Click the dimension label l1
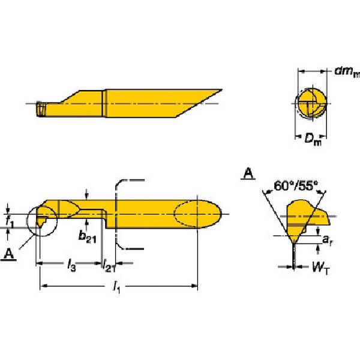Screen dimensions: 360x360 pos(116,287)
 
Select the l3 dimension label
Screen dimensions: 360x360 pos(71,266)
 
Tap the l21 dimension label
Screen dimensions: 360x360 pos(109,266)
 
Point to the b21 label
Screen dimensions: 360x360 pos(87,237)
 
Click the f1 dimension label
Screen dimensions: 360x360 pos(10,222)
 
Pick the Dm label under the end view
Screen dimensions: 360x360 pos(313,139)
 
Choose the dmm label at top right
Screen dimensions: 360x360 pos(347,71)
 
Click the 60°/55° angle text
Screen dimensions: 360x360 pos(296,186)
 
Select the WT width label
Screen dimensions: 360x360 pos(320,268)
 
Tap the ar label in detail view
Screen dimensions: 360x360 pos(328,240)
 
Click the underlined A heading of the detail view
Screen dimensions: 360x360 pos(248,173)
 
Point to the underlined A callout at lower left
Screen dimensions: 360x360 pos(9,254)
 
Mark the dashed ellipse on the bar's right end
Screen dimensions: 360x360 pos(197,214)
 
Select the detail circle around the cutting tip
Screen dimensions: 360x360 pos(42,221)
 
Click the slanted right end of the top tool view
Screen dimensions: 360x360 pos(199,103)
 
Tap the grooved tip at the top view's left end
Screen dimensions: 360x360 pos(41,110)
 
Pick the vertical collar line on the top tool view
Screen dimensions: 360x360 pos(104,103)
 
